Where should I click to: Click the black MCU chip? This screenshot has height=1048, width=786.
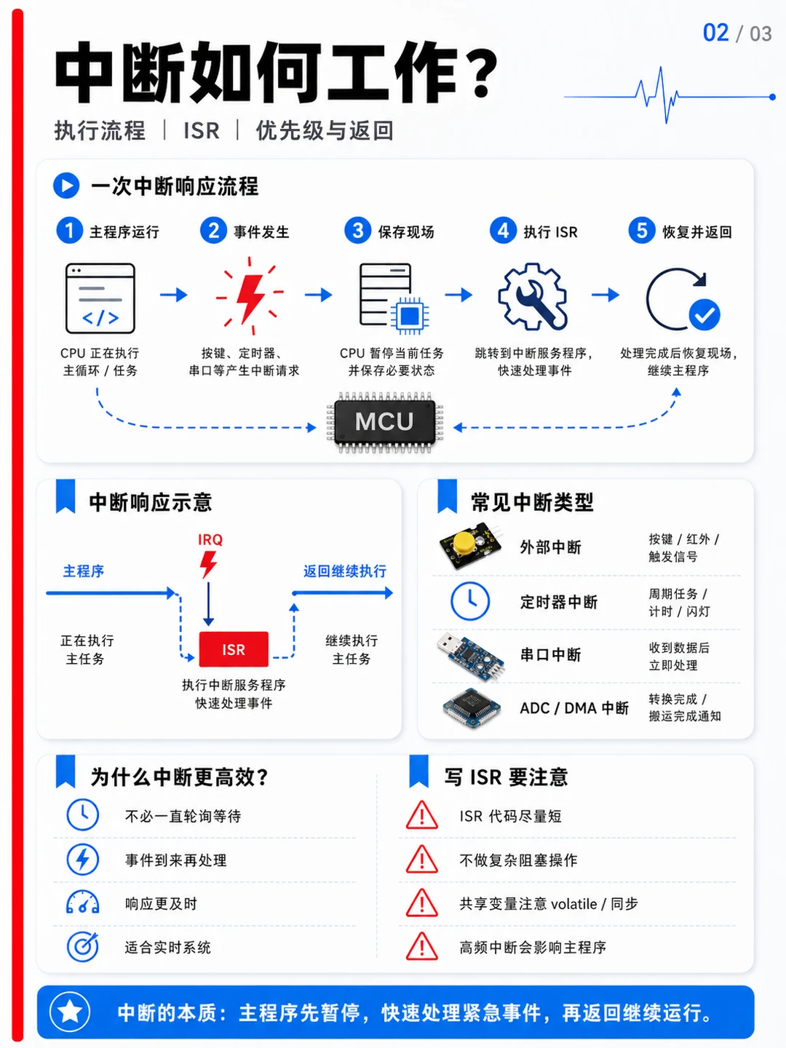[385, 422]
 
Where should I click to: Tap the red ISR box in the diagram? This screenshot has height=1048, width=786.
[234, 649]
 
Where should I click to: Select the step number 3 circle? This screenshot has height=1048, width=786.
[357, 231]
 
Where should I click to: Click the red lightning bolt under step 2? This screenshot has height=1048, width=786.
[250, 298]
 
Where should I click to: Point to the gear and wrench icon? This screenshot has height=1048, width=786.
[533, 296]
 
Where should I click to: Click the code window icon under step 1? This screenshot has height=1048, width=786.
[100, 298]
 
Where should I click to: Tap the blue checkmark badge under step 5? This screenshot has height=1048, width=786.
[704, 314]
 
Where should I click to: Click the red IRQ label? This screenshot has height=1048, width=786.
[210, 540]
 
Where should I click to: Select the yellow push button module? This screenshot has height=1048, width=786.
[471, 545]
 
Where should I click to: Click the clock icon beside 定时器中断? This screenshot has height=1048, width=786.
[470, 601]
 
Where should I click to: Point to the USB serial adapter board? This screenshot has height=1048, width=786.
[470, 655]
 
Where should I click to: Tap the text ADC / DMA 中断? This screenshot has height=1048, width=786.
[574, 708]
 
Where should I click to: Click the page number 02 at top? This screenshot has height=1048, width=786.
[715, 33]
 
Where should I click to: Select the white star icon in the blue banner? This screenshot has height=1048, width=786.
[70, 1011]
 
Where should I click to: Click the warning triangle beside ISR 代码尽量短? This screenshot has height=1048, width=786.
[422, 815]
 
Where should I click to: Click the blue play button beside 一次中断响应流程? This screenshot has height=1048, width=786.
[66, 186]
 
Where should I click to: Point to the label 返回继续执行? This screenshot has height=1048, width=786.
[345, 571]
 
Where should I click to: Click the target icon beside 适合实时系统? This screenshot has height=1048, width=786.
[82, 947]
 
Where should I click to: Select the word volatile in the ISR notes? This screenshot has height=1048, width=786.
[573, 904]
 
